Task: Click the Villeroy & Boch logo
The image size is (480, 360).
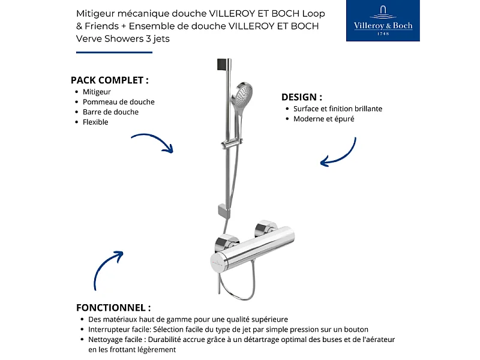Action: [383, 21]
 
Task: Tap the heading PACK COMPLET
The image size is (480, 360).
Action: [110, 80]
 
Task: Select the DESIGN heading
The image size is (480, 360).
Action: [302, 97]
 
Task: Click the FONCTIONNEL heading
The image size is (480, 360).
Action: [113, 307]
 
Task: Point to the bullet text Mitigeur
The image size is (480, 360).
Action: [97, 92]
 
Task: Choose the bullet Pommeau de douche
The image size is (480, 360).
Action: [118, 102]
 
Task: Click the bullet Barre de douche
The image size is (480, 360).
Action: [110, 112]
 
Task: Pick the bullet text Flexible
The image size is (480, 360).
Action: [95, 122]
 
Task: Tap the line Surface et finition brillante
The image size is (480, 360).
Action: [338, 109]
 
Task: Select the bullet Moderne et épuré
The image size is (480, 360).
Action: [323, 119]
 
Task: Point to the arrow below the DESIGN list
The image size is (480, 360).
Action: [339, 153]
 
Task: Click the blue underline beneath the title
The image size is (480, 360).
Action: [114, 52]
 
